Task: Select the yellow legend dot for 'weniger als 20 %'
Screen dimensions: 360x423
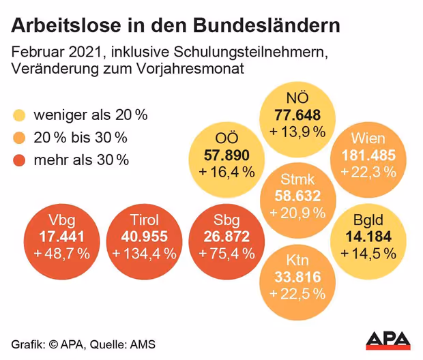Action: coord(19,115)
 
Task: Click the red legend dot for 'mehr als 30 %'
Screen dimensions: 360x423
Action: coord(19,160)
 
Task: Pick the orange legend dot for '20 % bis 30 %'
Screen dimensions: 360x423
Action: coord(19,138)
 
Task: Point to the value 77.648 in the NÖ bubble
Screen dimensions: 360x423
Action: coord(297,115)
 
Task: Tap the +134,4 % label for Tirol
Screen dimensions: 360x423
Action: coord(144,254)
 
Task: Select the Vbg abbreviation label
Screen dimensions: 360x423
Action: coord(62,220)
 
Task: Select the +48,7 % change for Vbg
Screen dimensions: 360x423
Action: coord(62,254)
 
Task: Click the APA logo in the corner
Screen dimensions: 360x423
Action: coord(388,339)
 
